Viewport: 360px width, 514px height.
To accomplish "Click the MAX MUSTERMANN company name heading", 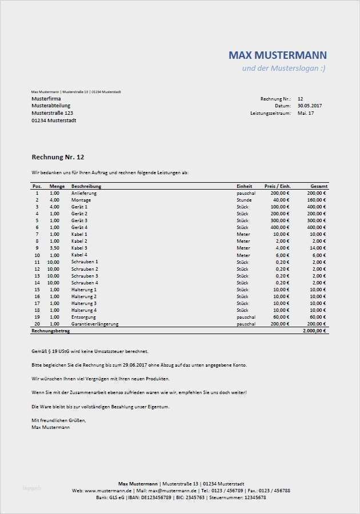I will pos(278,55).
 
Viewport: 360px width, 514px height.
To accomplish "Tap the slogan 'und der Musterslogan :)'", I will pos(284,69).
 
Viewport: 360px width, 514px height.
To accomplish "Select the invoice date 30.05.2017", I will pos(310,106).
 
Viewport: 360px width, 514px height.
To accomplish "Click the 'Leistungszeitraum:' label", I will pos(270,113).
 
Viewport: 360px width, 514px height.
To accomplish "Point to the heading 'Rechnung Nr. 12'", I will pos(58,157).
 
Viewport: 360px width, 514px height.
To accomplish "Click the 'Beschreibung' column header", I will pos(86,186).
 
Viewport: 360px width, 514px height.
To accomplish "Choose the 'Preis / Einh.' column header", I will pos(278,186).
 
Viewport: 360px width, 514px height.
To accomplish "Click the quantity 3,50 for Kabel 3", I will pos(54,248).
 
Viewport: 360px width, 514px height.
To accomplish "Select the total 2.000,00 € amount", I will pos(314,331).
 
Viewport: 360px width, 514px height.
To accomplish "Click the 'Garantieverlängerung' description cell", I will pos(95,324).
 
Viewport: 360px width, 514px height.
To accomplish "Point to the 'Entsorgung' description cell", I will pos(83,317).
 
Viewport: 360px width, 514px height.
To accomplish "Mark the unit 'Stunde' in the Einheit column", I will pos(244,200).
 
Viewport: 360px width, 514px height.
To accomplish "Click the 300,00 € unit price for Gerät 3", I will pos(281,220).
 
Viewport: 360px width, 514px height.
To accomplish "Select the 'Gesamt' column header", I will pos(319,186).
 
